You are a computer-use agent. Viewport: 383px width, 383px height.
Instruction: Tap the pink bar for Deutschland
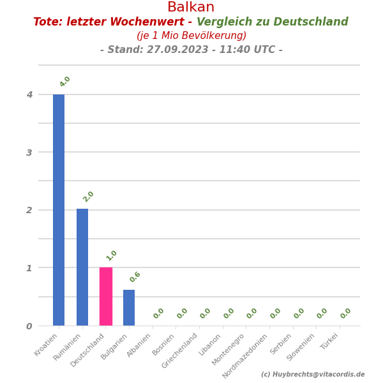[x=106, y=296]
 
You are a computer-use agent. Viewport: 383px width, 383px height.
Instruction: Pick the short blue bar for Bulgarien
[x=129, y=308]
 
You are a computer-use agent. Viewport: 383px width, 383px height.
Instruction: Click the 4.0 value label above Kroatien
[x=65, y=82]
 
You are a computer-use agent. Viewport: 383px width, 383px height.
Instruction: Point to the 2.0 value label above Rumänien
[x=89, y=197]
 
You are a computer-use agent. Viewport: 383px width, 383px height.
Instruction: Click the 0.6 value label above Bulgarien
[x=135, y=277]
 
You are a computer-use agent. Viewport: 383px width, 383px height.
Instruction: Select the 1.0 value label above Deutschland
[x=112, y=255]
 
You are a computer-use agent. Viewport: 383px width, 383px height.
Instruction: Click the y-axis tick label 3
[x=29, y=153]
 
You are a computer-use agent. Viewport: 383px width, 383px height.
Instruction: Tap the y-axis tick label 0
[x=29, y=326]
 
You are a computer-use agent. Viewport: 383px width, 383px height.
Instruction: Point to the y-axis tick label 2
[x=29, y=210]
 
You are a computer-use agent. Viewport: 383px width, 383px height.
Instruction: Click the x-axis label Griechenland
[x=181, y=350]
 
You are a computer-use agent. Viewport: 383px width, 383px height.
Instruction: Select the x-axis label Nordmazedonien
[x=246, y=355]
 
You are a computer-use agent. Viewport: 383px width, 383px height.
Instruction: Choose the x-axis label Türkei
[x=329, y=341]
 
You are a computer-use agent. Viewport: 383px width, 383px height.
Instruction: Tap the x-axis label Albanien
[x=139, y=345]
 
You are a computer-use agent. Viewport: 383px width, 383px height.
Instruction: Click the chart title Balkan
[x=191, y=8]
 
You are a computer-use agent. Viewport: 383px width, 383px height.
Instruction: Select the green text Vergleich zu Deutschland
[x=273, y=22]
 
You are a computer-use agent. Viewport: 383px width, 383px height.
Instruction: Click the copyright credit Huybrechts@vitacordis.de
[x=319, y=375]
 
